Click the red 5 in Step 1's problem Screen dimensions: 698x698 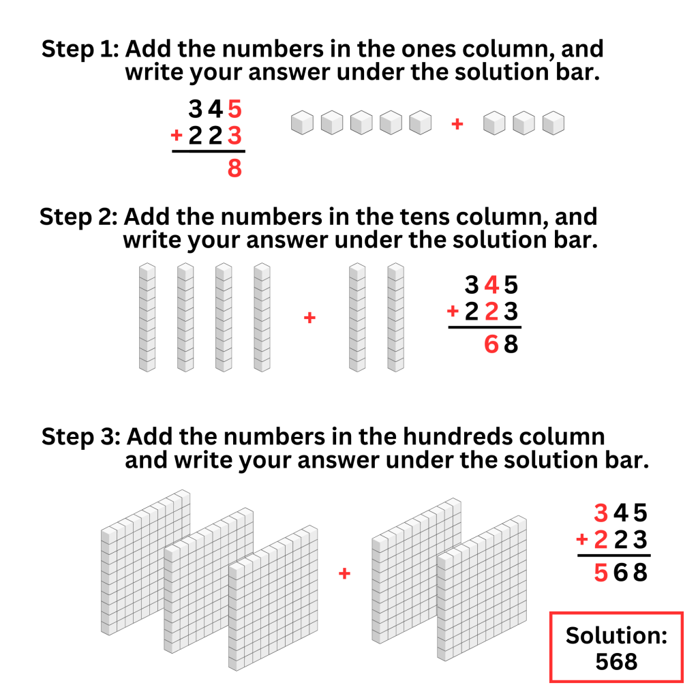234,109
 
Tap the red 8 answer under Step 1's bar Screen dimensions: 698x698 234,168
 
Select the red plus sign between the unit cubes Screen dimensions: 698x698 457,124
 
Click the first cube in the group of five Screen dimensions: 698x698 301,123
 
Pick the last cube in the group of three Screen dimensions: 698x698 553,123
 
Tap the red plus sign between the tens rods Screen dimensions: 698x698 309,318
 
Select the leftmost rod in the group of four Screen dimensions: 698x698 147,318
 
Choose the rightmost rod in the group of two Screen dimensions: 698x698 395,318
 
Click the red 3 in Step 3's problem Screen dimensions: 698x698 600,513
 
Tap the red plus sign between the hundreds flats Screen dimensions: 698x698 344,574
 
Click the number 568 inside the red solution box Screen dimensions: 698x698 616,661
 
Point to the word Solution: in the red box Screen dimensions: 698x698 616,635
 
